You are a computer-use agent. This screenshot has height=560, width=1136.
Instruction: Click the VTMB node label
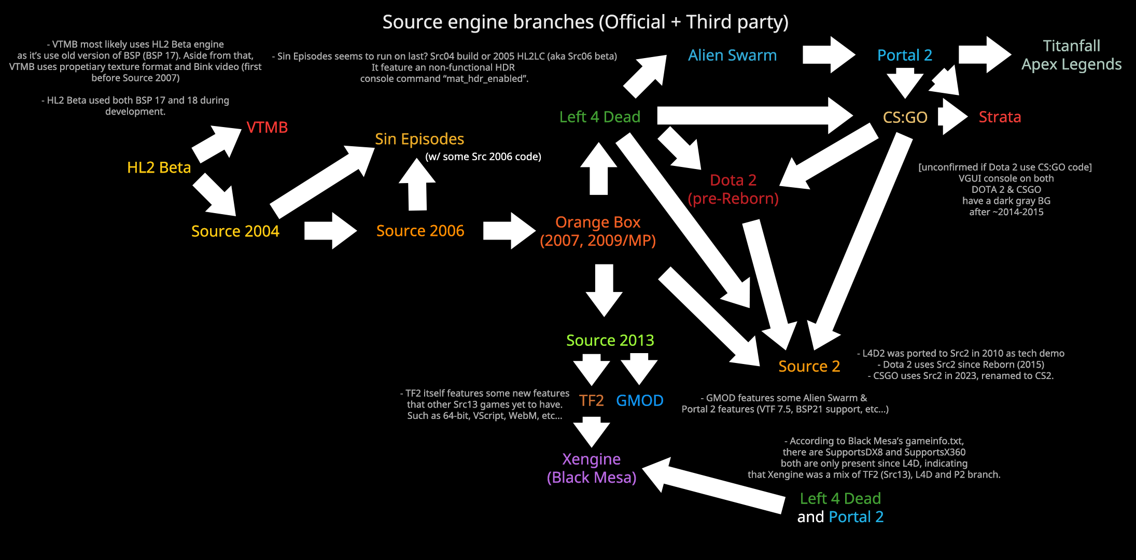[x=267, y=127]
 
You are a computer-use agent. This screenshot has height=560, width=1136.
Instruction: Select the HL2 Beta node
[x=159, y=167]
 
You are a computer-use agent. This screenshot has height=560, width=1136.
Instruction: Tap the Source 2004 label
[x=235, y=231]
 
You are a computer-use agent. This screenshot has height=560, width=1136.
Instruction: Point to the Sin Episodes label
[x=419, y=139]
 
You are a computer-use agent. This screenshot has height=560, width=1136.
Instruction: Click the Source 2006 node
[x=420, y=231]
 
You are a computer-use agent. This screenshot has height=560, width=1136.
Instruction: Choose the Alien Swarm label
[x=732, y=55]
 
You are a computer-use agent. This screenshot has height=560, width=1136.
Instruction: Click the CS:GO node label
[x=905, y=117]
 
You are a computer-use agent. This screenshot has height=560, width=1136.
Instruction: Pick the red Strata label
[x=1000, y=117]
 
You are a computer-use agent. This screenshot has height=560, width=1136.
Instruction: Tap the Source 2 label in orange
[x=809, y=366]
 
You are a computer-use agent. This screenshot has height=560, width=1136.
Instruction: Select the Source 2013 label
[x=610, y=340]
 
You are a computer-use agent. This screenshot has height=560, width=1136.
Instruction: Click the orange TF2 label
[x=591, y=400]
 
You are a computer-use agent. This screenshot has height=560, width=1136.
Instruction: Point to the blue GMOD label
[x=639, y=400]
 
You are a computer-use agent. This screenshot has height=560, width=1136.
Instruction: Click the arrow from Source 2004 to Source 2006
[x=330, y=231]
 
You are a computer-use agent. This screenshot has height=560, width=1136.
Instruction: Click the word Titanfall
[x=1071, y=46]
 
